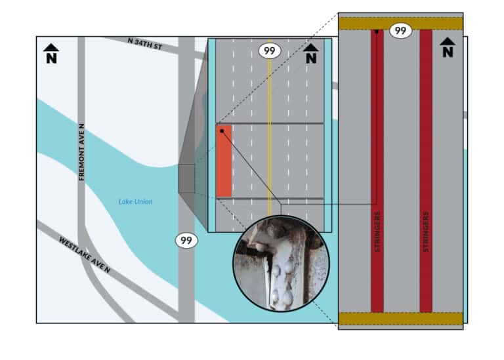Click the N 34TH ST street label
144,44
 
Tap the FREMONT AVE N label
81,152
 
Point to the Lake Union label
135,202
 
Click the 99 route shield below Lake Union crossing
186,241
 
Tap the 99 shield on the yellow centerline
269,50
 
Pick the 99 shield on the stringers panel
400,31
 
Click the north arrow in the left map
51,53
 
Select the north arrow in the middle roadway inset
311,53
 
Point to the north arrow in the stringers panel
448,47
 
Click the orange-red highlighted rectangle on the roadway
224,161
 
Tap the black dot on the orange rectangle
222,131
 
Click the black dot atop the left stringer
377,31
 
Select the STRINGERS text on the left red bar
377,231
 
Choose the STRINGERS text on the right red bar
426,231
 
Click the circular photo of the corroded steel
282,264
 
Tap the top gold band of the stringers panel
401,24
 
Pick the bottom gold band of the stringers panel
401,319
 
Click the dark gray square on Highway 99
186,178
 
